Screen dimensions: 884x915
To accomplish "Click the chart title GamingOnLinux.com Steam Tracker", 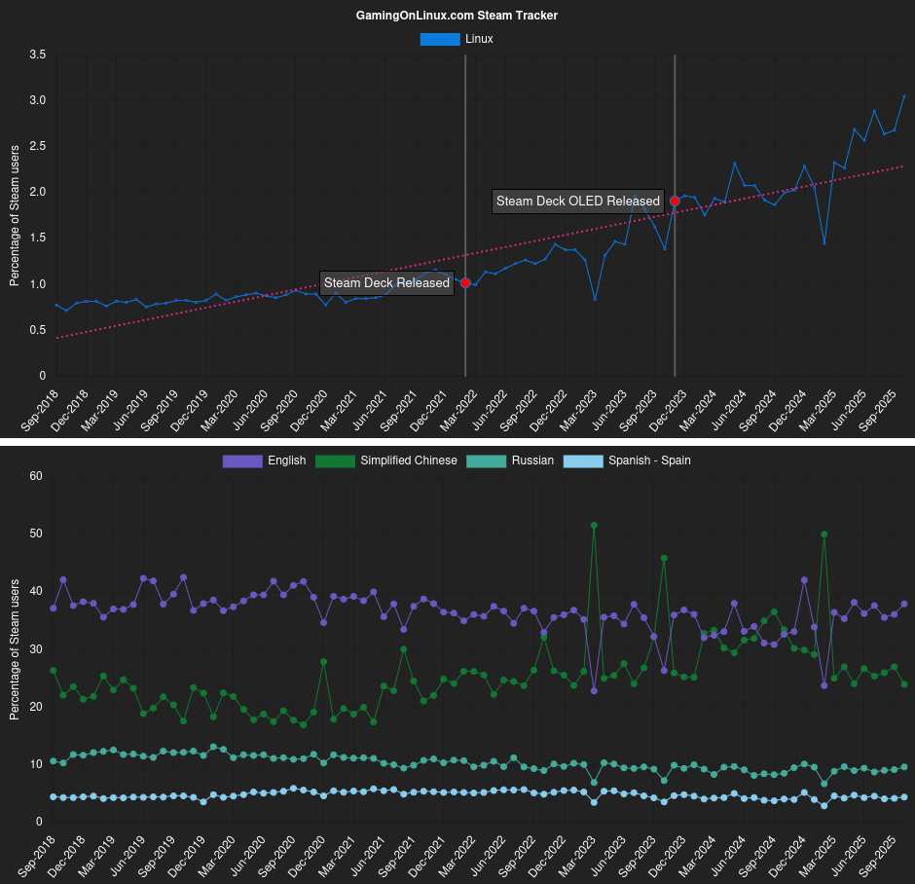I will click(x=457, y=16).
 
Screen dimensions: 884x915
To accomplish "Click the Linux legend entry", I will click(x=457, y=39).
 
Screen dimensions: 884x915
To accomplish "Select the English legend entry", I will click(x=265, y=460).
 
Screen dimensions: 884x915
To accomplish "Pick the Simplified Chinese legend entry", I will click(x=386, y=460).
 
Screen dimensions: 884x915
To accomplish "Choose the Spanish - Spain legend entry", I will click(x=628, y=460).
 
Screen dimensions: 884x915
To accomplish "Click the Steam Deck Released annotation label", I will click(x=386, y=283).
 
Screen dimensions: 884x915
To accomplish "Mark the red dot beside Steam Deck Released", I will click(x=465, y=283).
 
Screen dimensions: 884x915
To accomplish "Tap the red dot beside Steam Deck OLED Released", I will click(x=675, y=202).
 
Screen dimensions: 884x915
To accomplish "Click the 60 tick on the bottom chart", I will click(x=37, y=476).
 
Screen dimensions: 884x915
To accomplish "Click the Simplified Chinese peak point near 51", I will click(x=594, y=526).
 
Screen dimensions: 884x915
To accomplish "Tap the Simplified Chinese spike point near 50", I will click(x=824, y=534).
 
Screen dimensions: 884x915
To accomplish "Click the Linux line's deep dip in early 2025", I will click(x=824, y=243).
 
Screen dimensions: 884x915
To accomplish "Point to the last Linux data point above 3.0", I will click(x=904, y=96).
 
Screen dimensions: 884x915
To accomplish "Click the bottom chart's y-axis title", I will click(x=14, y=649).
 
